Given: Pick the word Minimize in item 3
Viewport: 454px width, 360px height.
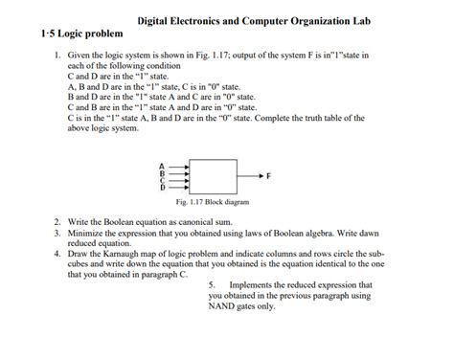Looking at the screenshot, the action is click(x=87, y=233).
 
